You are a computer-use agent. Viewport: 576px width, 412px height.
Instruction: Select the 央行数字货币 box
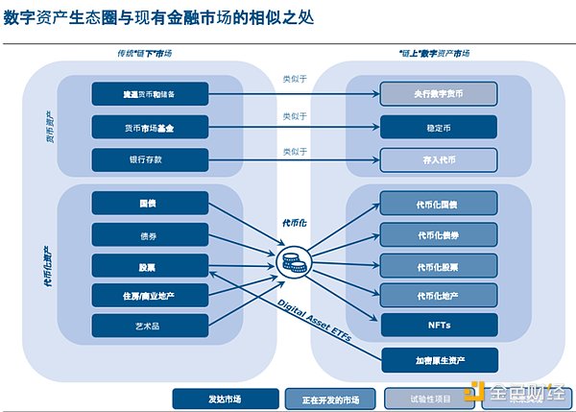[439, 94]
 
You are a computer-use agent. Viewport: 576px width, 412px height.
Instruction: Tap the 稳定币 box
[439, 126]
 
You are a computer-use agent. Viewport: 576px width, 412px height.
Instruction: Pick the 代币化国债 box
[439, 204]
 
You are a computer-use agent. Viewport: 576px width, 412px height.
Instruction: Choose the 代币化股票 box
[439, 264]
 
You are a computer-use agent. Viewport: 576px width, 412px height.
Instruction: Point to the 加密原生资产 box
[439, 360]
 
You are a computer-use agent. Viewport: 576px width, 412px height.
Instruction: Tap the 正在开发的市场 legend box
[330, 397]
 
